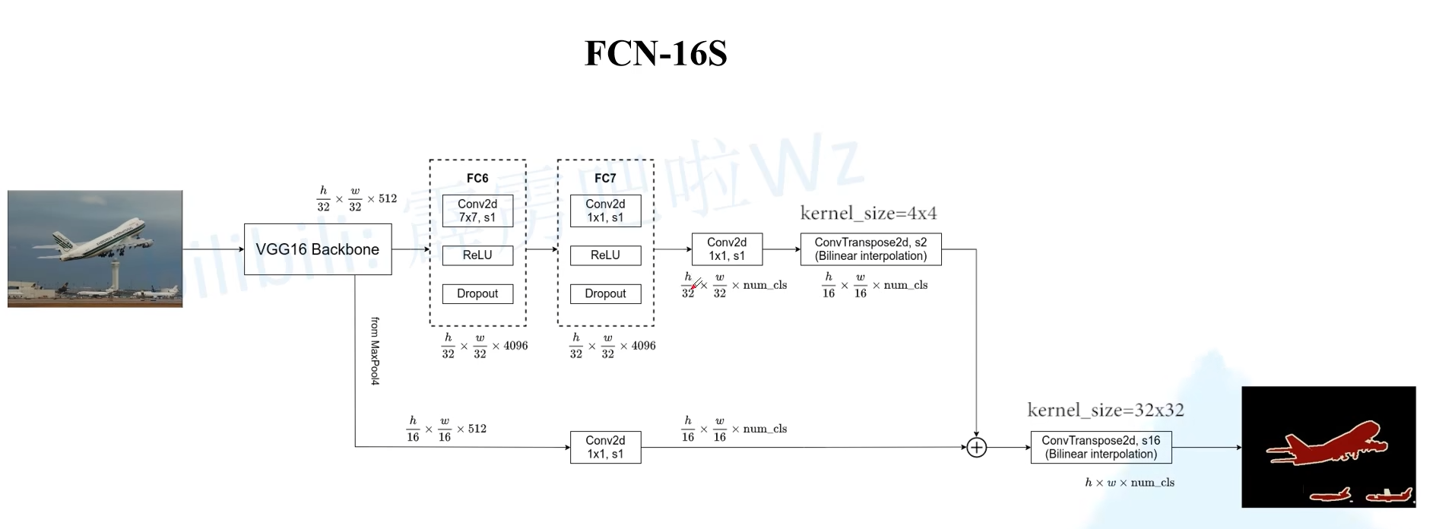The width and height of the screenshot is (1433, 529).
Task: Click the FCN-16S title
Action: (655, 53)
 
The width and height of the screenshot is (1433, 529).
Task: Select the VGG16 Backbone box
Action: (318, 249)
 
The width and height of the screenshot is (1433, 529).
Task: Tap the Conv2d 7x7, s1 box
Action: (477, 211)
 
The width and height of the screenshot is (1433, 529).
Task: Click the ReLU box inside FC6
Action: (477, 255)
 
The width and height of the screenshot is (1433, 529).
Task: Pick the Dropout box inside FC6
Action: (477, 294)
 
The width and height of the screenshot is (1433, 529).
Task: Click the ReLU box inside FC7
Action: (605, 255)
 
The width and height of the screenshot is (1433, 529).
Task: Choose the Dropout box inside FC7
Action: (605, 294)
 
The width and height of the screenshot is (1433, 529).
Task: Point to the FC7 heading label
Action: (605, 178)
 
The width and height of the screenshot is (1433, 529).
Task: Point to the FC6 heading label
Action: (477, 178)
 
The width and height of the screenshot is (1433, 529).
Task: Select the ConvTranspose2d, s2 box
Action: (870, 249)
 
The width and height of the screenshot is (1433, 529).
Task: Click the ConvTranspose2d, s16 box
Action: (1101, 448)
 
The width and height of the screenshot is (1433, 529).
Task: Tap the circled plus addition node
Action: (976, 448)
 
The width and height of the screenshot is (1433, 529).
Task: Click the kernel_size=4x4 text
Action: (868, 213)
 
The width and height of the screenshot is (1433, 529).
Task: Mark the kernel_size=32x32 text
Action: (1105, 410)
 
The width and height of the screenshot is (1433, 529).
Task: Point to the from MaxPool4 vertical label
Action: (375, 351)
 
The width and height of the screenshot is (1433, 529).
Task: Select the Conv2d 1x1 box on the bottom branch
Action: (605, 448)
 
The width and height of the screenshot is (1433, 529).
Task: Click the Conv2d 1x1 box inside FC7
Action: (605, 211)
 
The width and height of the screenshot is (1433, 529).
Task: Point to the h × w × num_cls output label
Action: (1130, 483)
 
